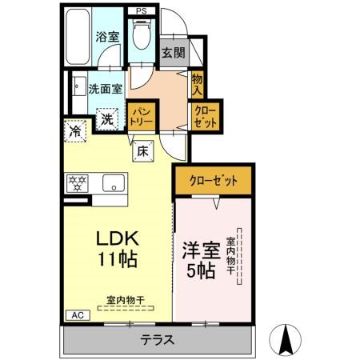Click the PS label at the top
point(141,11)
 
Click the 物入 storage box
point(198,83)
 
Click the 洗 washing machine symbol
point(107,119)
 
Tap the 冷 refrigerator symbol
point(74,129)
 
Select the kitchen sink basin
point(113,183)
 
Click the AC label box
point(78,315)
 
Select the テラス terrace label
point(158,339)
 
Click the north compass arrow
point(285,339)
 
